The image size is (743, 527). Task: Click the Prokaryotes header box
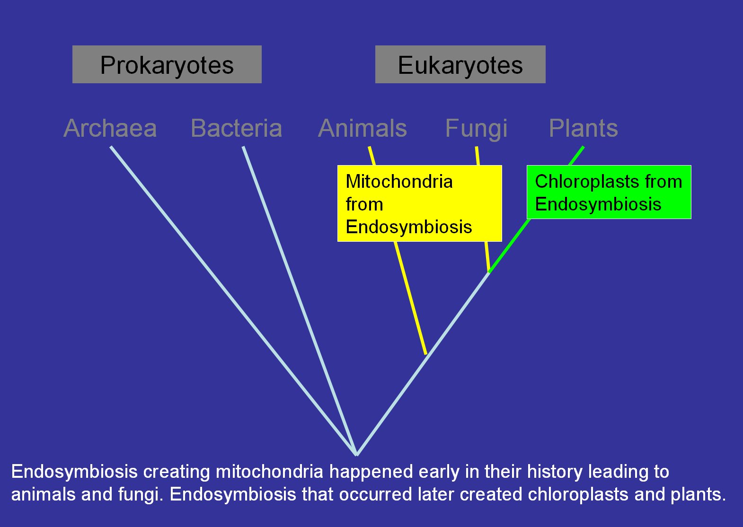click(167, 64)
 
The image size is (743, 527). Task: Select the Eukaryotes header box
click(460, 64)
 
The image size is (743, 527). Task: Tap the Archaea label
click(110, 128)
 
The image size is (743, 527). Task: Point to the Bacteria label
click(236, 128)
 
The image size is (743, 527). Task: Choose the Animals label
click(362, 128)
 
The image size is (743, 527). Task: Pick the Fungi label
click(476, 129)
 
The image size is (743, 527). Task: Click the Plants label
click(584, 128)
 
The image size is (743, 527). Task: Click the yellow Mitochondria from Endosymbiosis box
click(420, 203)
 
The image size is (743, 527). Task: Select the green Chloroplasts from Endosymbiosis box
click(609, 192)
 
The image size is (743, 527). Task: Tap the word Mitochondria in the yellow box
click(399, 182)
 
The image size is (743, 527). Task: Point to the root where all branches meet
click(356, 455)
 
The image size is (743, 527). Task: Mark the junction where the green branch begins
click(489, 272)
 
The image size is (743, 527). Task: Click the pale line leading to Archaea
click(233, 300)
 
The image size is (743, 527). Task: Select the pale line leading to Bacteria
click(300, 300)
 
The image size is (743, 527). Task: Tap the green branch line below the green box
click(509, 246)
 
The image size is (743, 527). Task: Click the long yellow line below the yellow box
click(410, 298)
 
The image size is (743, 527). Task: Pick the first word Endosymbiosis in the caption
click(74, 472)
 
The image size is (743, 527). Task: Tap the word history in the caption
click(555, 472)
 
